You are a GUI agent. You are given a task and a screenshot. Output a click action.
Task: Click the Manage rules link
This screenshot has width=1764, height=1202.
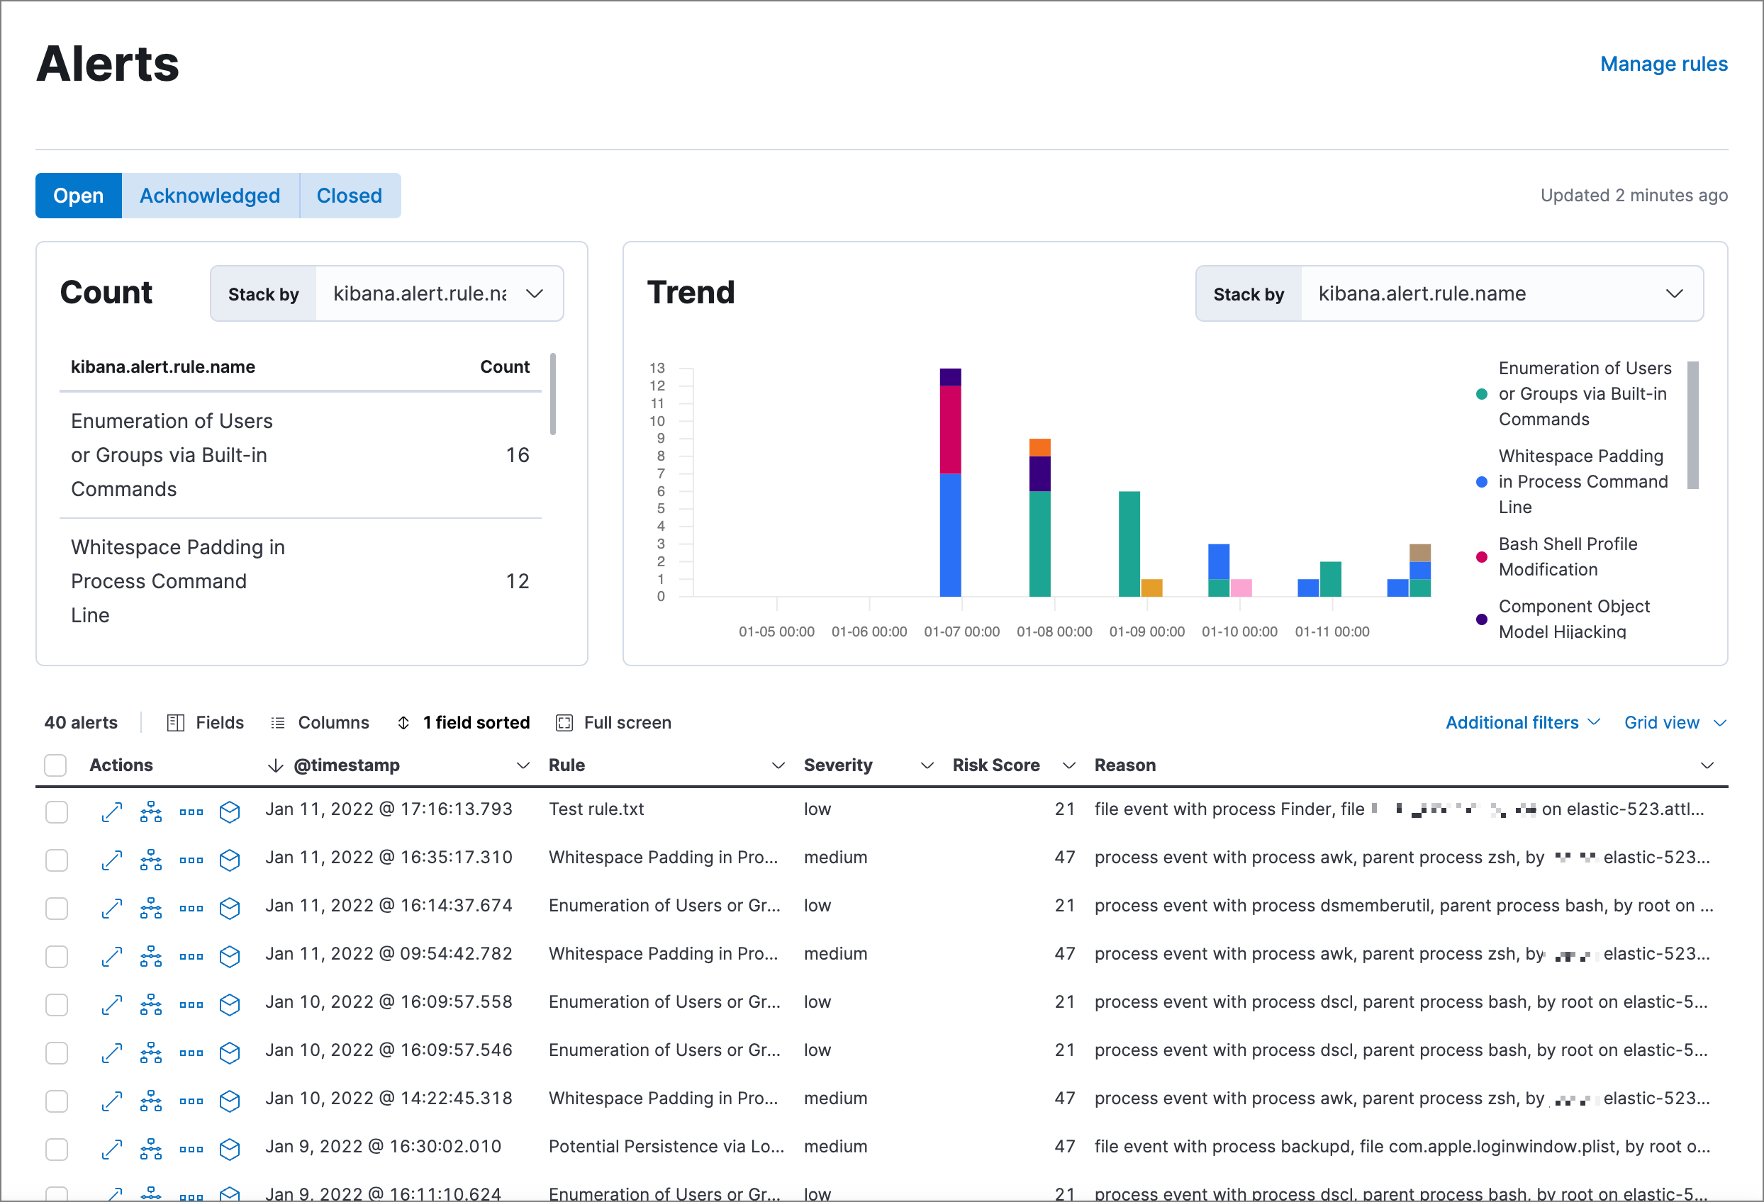[x=1663, y=64]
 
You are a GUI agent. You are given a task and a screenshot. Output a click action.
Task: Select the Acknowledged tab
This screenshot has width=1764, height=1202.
[x=209, y=196]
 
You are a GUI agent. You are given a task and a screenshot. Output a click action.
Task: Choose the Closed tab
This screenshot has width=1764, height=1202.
[x=349, y=196]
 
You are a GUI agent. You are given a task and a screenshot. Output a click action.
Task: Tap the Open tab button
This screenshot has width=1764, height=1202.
[x=78, y=196]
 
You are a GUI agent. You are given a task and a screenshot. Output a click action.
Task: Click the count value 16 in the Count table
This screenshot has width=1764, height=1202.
[x=517, y=455]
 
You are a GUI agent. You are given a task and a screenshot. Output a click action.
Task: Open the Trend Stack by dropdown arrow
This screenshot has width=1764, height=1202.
[x=1674, y=293]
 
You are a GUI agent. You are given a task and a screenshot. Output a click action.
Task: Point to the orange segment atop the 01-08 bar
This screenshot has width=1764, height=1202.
[x=1039, y=447]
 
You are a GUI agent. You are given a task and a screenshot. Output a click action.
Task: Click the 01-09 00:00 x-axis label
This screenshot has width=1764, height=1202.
[x=1146, y=631]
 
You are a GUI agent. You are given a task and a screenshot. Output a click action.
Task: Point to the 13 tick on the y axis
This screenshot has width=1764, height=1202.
[x=657, y=368]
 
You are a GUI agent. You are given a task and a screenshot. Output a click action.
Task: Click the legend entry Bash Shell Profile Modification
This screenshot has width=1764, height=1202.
[x=1568, y=557]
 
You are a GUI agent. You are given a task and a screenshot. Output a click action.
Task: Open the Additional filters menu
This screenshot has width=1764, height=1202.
[x=1522, y=722]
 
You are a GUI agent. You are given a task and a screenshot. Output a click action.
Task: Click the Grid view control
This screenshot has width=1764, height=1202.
[x=1674, y=722]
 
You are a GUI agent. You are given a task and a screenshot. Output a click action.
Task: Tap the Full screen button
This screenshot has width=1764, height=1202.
[x=614, y=722]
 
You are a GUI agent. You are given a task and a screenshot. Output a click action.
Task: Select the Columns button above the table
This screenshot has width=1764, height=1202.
[x=320, y=722]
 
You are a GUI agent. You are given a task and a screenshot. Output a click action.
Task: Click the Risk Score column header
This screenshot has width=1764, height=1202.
[x=995, y=765]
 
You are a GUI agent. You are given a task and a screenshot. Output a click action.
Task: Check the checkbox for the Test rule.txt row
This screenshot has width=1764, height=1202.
[x=56, y=812]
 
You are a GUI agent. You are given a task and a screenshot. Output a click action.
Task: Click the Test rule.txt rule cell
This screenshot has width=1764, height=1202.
[x=596, y=809]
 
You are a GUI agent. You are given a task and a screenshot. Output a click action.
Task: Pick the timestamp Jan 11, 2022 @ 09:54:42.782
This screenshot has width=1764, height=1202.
[x=389, y=954]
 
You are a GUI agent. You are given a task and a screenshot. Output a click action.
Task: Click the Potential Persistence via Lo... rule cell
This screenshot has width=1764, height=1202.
[x=666, y=1147]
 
